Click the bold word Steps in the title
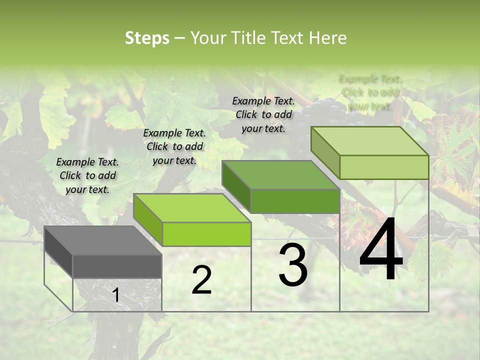tap(147, 38)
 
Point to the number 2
tap(201, 280)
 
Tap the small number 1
tap(115, 295)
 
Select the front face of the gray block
tap(117, 266)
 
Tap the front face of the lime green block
tap(206, 234)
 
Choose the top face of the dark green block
tap(280, 175)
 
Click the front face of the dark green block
tap(295, 201)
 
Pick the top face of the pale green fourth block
tap(369, 141)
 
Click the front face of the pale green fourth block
tap(384, 167)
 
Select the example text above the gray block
tap(87, 175)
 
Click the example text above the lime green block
tap(174, 146)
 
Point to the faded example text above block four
tap(370, 92)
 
